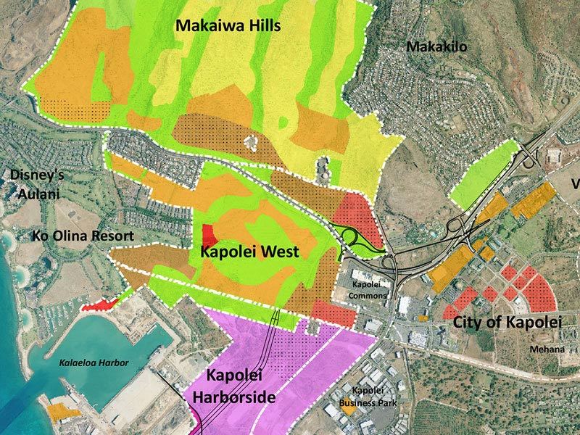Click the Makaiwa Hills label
228,26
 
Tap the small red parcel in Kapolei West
208,235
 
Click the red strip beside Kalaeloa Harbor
99,304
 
